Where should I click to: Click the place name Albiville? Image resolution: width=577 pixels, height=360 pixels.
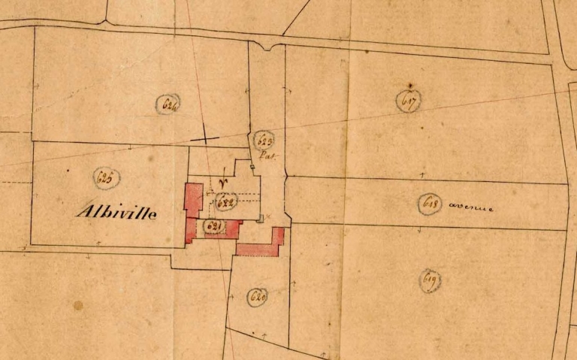coord(116,213)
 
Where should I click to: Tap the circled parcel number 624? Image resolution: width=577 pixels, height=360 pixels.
coord(170,104)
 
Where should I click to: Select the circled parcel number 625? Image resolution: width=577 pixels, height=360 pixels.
coord(106,178)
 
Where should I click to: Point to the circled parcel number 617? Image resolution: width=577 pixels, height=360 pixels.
coord(409,100)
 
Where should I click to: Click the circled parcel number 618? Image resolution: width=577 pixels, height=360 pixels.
coord(430,204)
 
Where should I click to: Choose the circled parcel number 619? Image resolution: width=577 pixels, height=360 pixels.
coord(430,280)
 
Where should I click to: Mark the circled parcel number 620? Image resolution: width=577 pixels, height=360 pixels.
coord(257,297)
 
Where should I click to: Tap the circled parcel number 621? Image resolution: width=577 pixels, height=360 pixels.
coord(213,227)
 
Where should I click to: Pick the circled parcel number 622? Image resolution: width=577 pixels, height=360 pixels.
coord(226,201)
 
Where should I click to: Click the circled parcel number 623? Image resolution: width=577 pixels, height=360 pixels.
coord(264,140)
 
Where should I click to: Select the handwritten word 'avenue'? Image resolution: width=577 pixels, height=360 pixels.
coord(471,207)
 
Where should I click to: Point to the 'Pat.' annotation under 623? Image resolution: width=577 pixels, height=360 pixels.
coord(267,156)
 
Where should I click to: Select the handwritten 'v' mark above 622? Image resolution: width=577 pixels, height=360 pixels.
coord(222,182)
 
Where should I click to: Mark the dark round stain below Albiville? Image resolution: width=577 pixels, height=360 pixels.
coord(78,305)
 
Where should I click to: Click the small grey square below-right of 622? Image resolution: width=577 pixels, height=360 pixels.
coord(260,219)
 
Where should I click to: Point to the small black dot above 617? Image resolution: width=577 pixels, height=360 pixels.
coord(410,85)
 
